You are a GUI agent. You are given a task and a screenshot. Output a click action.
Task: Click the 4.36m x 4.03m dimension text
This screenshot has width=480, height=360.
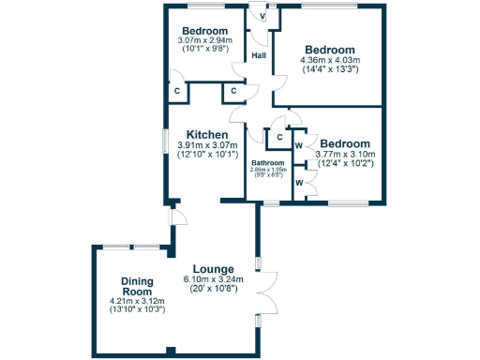[x=329, y=62]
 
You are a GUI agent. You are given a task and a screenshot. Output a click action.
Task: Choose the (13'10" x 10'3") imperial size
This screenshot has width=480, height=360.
[x=137, y=309]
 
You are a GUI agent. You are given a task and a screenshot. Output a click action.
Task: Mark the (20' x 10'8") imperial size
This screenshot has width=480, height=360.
[x=214, y=289]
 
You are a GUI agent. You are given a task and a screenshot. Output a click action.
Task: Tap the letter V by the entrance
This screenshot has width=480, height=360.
[x=262, y=17]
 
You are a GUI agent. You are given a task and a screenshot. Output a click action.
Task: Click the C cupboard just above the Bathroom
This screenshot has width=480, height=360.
[x=277, y=139]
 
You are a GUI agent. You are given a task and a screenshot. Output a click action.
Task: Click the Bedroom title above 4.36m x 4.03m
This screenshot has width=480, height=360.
[x=329, y=50]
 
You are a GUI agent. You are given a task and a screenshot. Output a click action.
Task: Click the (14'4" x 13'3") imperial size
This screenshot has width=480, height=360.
[x=329, y=73]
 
